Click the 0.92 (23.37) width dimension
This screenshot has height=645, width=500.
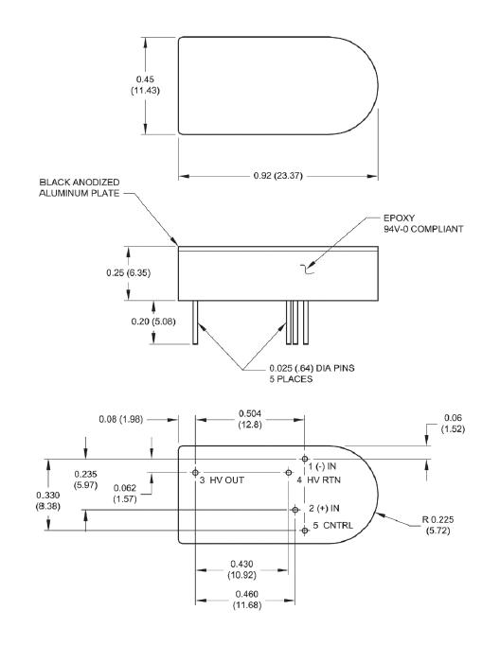pyautogui.click(x=278, y=176)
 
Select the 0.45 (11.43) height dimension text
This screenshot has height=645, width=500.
pyautogui.click(x=146, y=85)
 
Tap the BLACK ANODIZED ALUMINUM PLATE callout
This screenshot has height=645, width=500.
pyautogui.click(x=80, y=187)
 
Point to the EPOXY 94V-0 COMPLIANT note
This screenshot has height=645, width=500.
pyautogui.click(x=423, y=223)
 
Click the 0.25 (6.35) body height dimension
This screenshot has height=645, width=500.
pyautogui.click(x=128, y=272)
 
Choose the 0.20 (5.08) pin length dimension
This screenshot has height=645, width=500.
pyautogui.click(x=153, y=321)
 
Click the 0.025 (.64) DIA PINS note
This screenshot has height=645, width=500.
pyautogui.click(x=312, y=373)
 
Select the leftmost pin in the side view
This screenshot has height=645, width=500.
pyautogui.click(x=195, y=322)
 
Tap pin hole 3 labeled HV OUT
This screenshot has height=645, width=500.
pyautogui.click(x=195, y=472)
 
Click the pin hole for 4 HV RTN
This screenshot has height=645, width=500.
pyautogui.click(x=288, y=473)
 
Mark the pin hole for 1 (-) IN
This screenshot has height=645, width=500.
pyautogui.click(x=304, y=459)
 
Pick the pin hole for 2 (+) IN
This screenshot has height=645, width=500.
pyautogui.click(x=295, y=510)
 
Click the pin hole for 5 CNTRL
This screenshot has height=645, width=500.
pyautogui.click(x=304, y=531)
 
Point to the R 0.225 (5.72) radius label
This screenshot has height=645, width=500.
pyautogui.click(x=437, y=525)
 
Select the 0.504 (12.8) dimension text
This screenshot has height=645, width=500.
pyautogui.click(x=250, y=419)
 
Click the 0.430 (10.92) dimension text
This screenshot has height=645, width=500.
pyautogui.click(x=241, y=569)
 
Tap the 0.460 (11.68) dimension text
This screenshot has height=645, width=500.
pyautogui.click(x=247, y=600)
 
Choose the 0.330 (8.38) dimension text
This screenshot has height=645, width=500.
pyautogui.click(x=47, y=500)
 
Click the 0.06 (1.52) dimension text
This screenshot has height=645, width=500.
pyautogui.click(x=453, y=424)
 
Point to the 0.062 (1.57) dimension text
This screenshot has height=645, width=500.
pyautogui.click(x=125, y=494)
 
